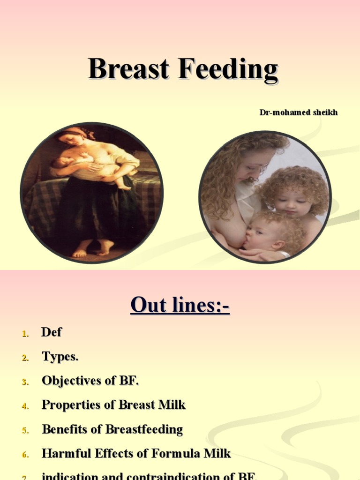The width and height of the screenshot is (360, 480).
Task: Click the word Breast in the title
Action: tap(128, 69)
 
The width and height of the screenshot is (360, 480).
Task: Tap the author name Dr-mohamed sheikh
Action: tap(299, 112)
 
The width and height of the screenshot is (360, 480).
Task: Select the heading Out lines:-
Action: tap(180, 305)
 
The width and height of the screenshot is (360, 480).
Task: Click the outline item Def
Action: tap(52, 332)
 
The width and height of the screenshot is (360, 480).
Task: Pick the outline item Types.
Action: tap(60, 357)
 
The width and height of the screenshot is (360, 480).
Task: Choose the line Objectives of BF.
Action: tap(90, 381)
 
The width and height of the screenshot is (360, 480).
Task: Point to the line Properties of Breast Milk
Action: tap(114, 405)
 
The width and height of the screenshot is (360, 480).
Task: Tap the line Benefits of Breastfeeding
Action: tap(112, 429)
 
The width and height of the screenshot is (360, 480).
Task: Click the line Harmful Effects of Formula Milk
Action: tap(136, 454)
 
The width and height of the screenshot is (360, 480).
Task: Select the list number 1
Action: tap(25, 334)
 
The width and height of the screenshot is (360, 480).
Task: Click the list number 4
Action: tap(25, 406)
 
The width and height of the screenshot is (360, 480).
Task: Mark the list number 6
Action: tap(25, 455)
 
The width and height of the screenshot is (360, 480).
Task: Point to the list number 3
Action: tap(25, 382)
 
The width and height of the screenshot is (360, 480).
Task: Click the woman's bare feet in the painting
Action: tap(93, 248)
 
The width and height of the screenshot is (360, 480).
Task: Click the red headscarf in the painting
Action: tap(75, 133)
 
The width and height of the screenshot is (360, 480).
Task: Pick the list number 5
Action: tap(25, 430)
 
